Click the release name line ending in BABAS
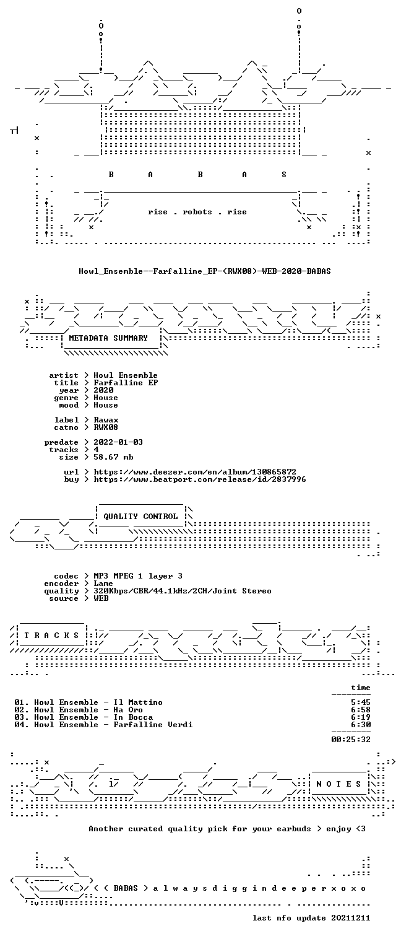pyautogui.click(x=205, y=271)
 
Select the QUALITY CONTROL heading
pyautogui.click(x=140, y=516)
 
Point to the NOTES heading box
pyautogui.click(x=339, y=784)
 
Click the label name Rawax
pyautogui.click(x=106, y=420)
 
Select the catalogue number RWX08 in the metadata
pyautogui.click(x=106, y=427)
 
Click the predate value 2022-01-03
pyautogui.click(x=118, y=442)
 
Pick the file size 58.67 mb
pyautogui.click(x=113, y=457)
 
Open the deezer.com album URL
pyautogui.click(x=195, y=472)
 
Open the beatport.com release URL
pyautogui.click(x=200, y=479)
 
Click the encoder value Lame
pyautogui.click(x=103, y=583)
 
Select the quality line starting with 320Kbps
pyautogui.click(x=183, y=591)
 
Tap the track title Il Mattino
pyautogui.click(x=138, y=702)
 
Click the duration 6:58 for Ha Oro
pyautogui.click(x=361, y=710)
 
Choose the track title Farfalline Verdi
pyautogui.click(x=153, y=725)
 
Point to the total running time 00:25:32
pyautogui.click(x=351, y=739)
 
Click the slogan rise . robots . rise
pyautogui.click(x=197, y=212)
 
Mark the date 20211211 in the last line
pyautogui.click(x=351, y=917)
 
